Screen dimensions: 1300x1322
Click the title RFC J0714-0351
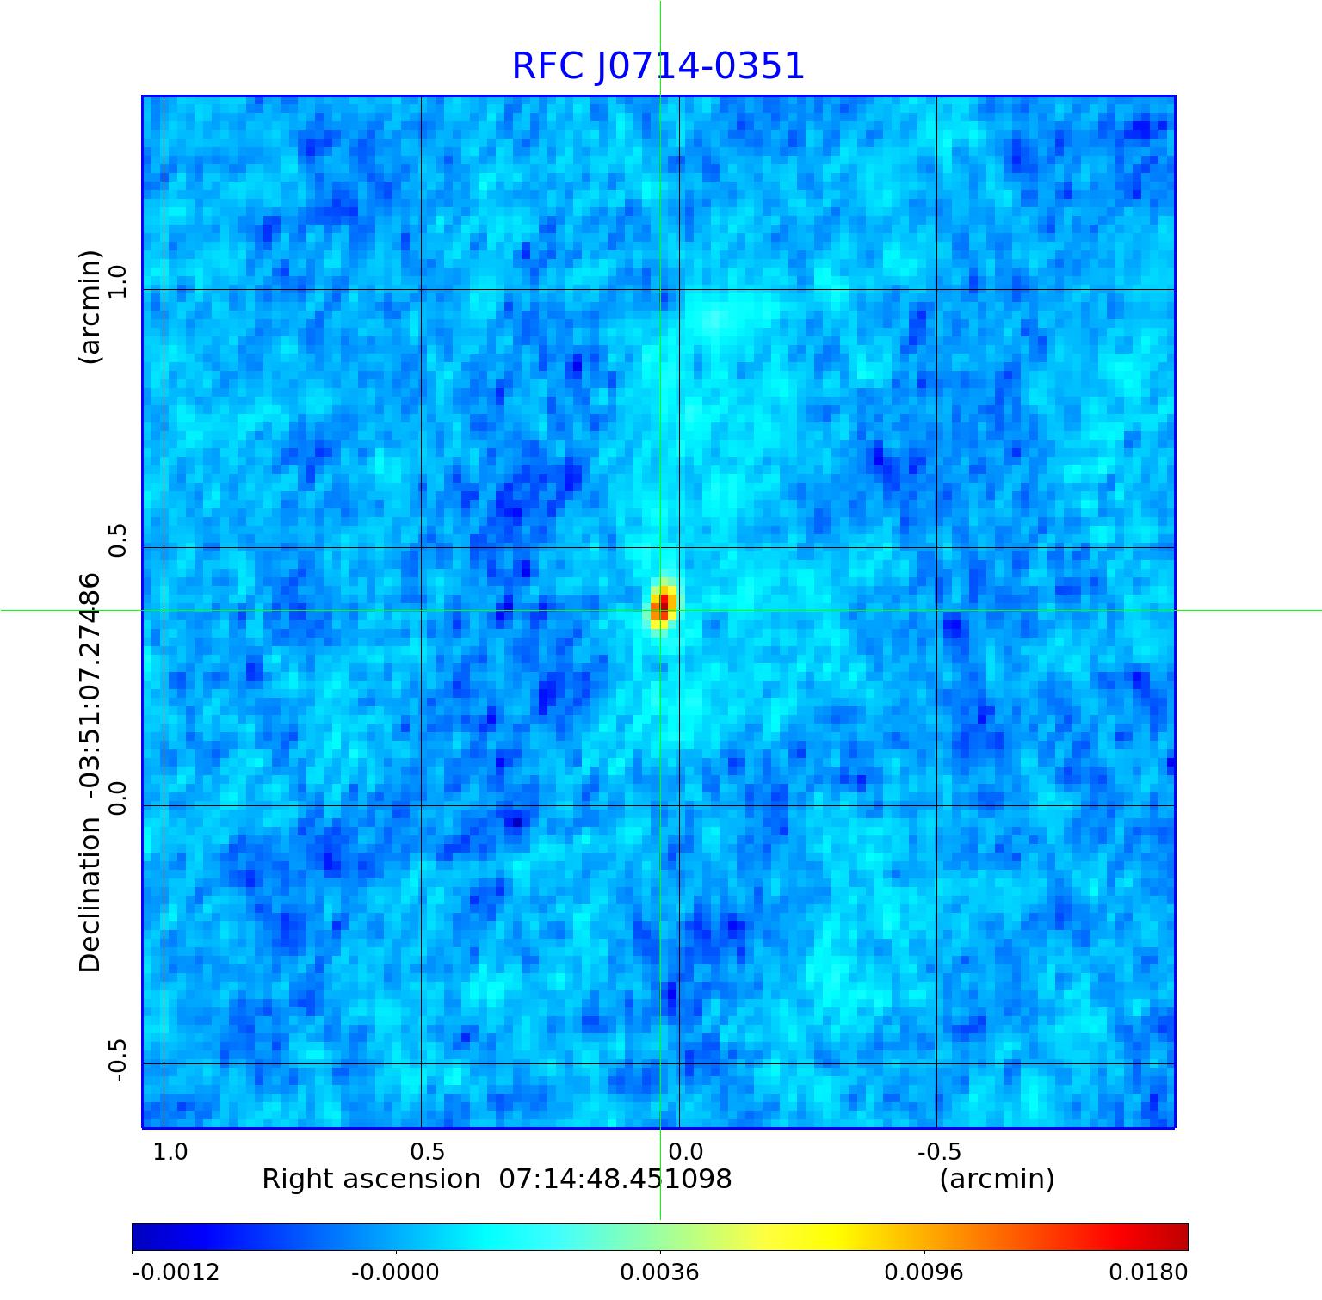658,66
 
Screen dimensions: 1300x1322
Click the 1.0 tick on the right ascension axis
170,1151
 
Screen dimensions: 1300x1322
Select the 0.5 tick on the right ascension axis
427,1151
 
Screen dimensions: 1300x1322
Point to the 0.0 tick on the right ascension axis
686,1151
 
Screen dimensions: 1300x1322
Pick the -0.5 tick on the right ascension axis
939,1151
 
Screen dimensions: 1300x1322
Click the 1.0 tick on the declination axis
117,280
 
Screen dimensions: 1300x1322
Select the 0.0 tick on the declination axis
117,798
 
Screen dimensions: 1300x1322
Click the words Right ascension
371,1179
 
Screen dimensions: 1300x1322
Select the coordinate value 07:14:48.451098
615,1179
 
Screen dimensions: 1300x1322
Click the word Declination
90,895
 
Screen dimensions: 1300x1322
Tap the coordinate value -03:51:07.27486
90,688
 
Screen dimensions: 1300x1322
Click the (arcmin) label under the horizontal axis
997,1179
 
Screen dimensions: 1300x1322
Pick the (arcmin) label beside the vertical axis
90,307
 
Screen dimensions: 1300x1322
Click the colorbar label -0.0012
176,1272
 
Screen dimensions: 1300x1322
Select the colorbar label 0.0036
659,1272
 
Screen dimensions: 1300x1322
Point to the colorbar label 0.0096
924,1272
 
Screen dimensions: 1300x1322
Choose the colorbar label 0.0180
1148,1272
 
